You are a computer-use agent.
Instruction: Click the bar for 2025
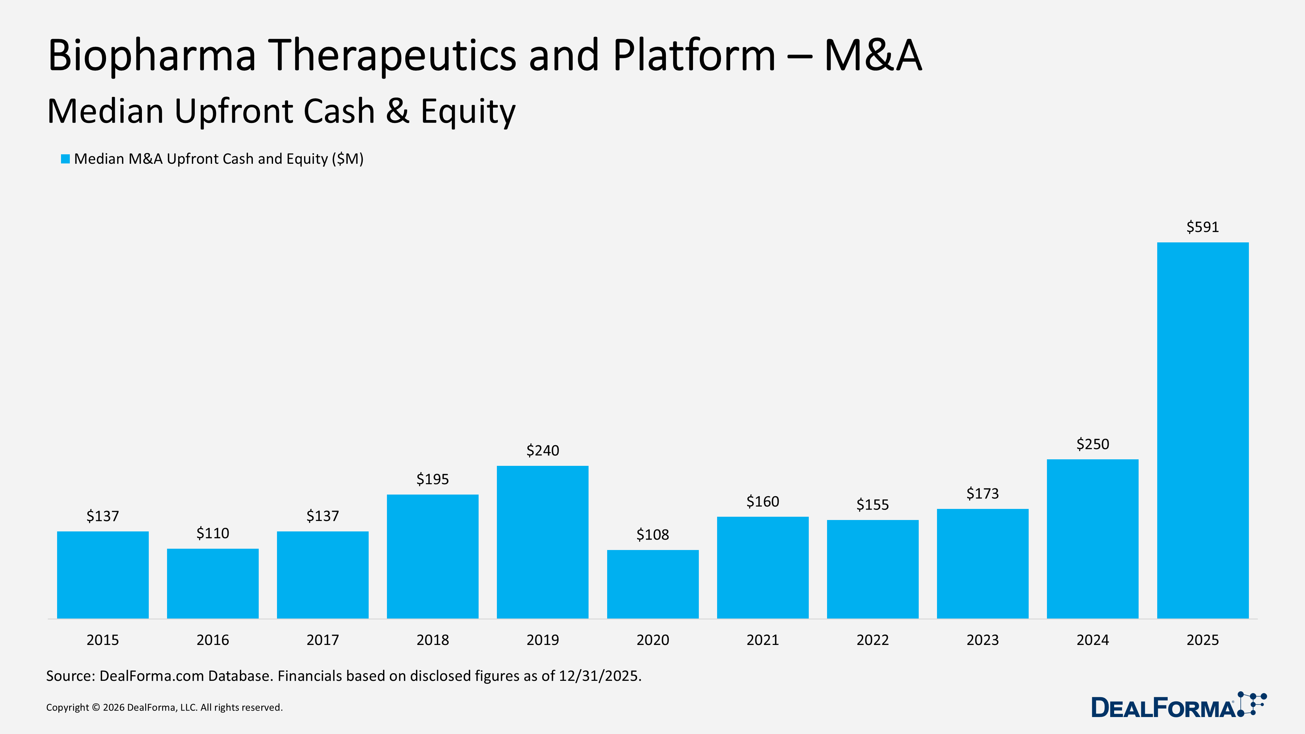[x=1203, y=431]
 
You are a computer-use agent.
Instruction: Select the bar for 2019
[x=543, y=542]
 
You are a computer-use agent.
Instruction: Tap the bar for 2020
[x=652, y=584]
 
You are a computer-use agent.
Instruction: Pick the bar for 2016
[x=213, y=584]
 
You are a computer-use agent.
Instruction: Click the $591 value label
[x=1203, y=227]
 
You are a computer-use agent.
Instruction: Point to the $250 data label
[x=1093, y=444]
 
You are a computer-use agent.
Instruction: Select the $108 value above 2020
[x=652, y=535]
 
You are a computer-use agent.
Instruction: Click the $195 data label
[x=433, y=479]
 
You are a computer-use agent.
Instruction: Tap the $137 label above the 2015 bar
[x=103, y=516]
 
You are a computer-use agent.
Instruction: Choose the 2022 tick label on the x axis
[x=872, y=640]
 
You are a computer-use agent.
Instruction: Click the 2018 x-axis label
[x=433, y=640]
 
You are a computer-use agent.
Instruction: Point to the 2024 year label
[x=1093, y=640]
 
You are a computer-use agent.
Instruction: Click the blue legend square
[x=65, y=159]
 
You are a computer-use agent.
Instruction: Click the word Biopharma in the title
[x=151, y=56]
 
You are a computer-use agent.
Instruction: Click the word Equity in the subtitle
[x=468, y=112]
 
